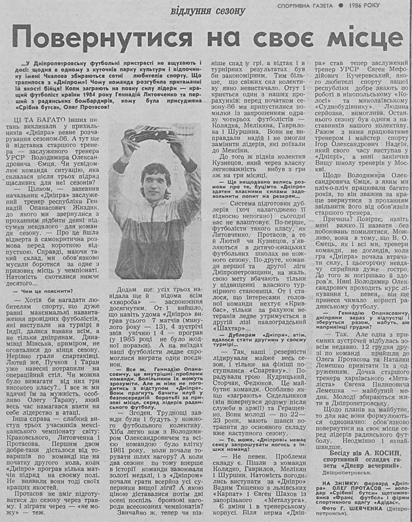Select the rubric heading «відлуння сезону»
(x=208, y=10)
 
